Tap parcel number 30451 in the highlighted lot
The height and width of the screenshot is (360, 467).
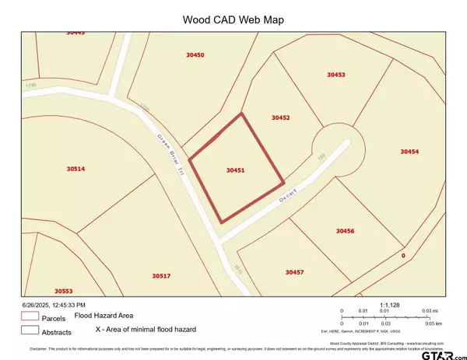click(236, 169)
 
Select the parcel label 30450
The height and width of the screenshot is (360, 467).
click(195, 55)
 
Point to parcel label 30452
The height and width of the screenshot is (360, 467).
click(280, 117)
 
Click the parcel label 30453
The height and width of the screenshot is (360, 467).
click(335, 75)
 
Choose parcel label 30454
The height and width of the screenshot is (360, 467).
click(409, 152)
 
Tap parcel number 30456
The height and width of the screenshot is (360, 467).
click(345, 231)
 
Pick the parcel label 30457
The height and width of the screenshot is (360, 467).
click(294, 272)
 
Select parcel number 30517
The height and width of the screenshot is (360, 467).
click(161, 276)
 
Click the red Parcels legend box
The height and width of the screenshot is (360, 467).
click(30, 317)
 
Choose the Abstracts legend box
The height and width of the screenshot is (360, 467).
click(30, 330)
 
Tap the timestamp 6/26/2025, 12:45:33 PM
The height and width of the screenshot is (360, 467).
click(52, 305)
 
